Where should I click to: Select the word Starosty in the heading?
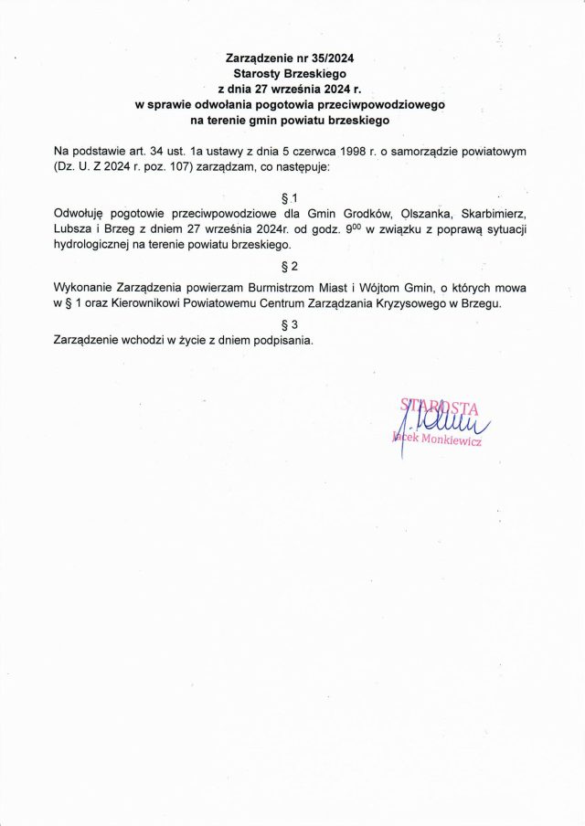coord(260,73)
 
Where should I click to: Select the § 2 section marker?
coord(292,266)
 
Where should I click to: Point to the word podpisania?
coord(282,340)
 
